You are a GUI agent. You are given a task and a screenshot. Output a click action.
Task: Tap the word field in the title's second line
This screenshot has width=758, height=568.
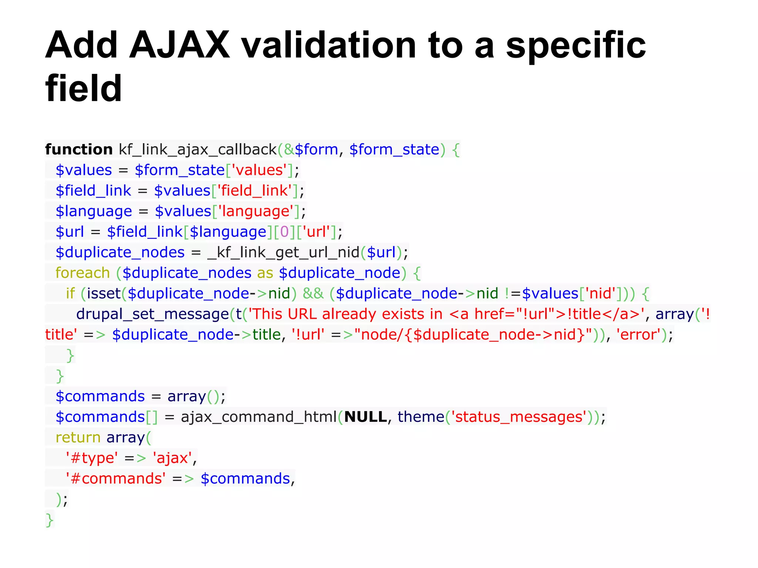(x=84, y=89)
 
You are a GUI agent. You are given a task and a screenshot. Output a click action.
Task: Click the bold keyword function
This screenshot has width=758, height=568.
(x=79, y=149)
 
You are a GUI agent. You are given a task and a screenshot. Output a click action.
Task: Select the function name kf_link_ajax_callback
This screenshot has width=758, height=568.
(x=198, y=149)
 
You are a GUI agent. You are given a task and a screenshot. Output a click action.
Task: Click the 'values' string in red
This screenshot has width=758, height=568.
(x=259, y=170)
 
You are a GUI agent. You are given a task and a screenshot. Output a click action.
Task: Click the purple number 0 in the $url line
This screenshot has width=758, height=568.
(x=284, y=232)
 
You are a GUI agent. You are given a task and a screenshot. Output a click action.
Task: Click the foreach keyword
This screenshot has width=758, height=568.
(x=83, y=273)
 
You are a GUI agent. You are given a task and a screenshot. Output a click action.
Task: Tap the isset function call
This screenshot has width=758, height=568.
(x=104, y=293)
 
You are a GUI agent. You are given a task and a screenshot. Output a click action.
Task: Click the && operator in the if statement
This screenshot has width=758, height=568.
(x=313, y=293)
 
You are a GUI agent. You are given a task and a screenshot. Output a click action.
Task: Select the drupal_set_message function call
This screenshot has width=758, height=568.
(x=152, y=314)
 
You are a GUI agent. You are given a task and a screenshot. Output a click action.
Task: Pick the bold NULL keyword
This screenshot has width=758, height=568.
(x=366, y=417)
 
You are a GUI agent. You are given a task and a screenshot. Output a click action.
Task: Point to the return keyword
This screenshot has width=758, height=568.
(x=78, y=437)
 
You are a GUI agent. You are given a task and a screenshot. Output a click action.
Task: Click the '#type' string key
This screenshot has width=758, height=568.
(x=92, y=458)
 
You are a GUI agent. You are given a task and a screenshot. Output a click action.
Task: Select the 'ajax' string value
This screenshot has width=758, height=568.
(x=172, y=458)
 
